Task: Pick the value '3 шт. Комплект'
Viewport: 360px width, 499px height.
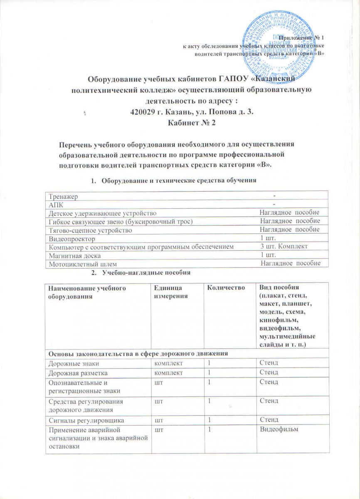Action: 283,247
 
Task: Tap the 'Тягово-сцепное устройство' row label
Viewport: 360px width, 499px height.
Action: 90,230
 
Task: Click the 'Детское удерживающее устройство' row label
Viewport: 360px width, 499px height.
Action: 102,213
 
